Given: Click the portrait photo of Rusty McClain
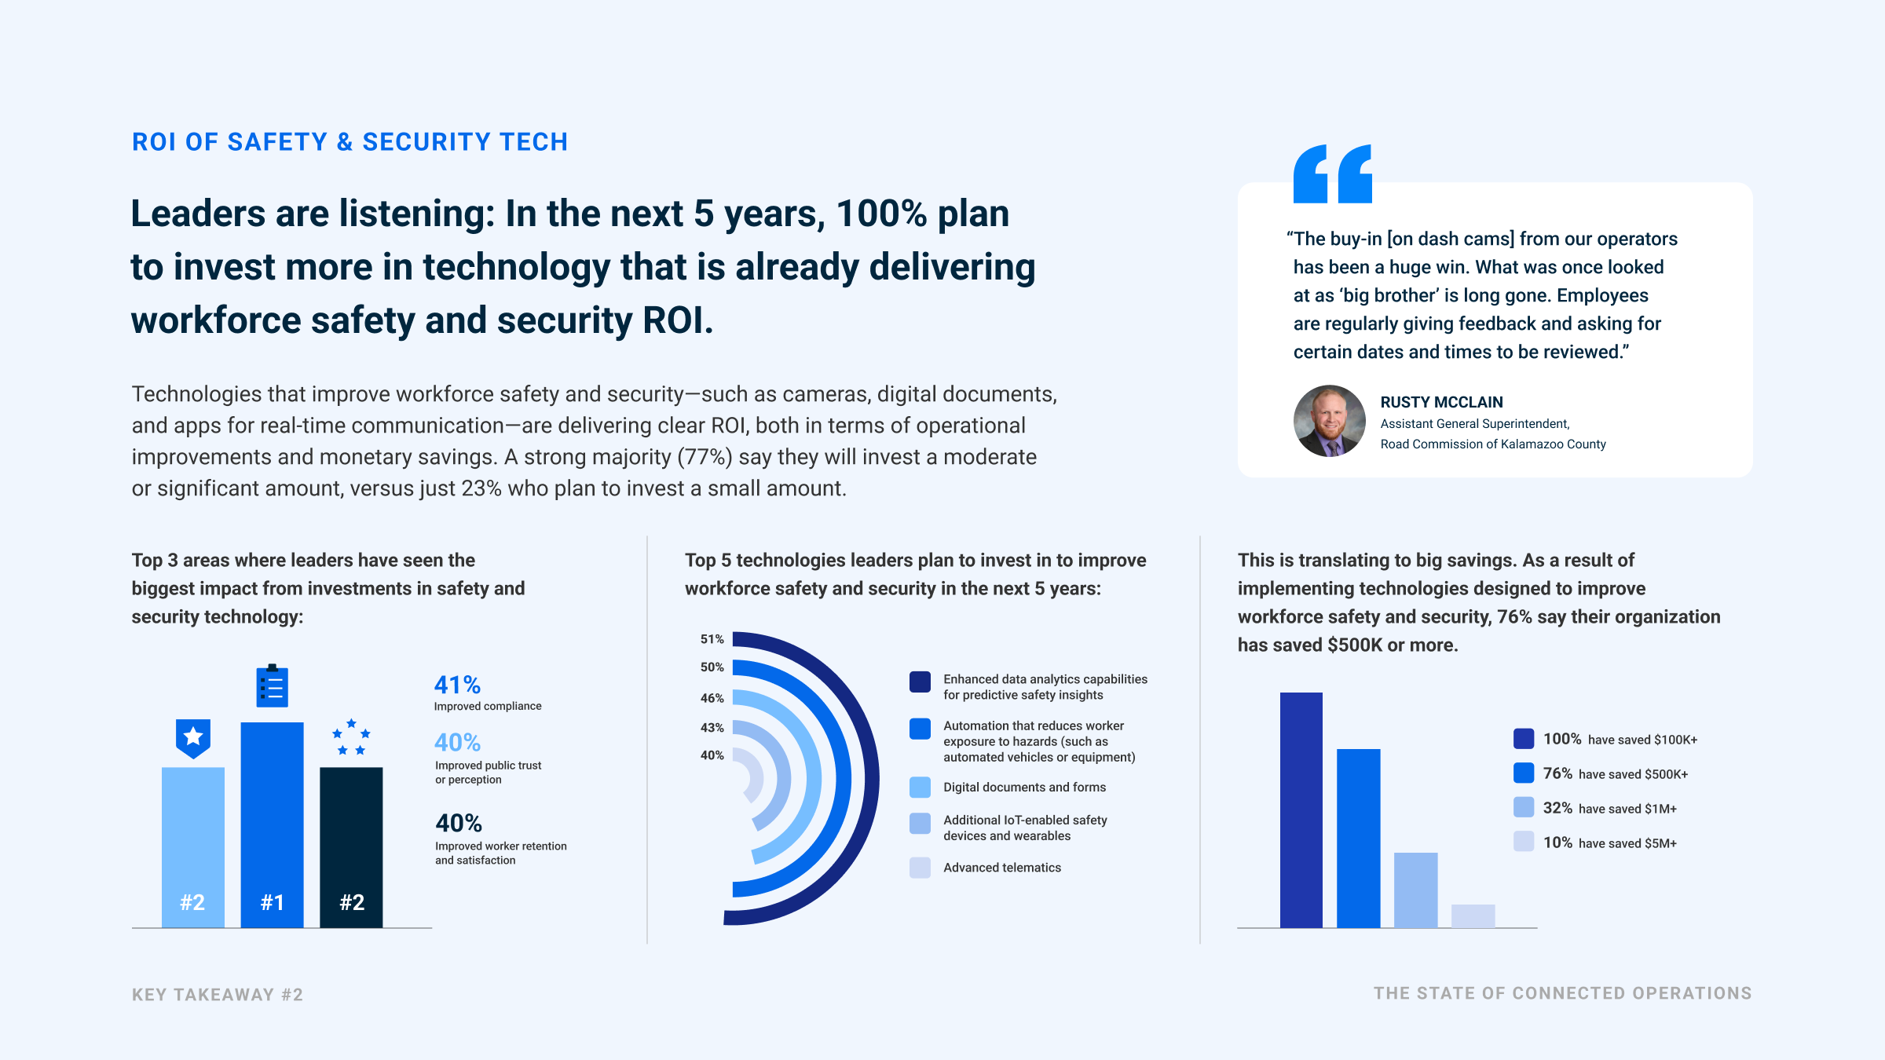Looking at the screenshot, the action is pos(1330,421).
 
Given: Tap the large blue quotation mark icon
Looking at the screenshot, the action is pos(1333,174).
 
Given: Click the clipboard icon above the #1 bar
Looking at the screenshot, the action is pos(273,685).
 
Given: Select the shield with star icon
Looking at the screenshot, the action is pos(193,738).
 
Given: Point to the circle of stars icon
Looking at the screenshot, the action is pos(351,737).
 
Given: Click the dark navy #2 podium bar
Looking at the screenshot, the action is pos(351,847).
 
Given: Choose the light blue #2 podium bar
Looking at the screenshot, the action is pos(193,847).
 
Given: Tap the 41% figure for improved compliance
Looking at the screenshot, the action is pos(457,685).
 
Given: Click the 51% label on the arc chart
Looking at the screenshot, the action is pos(712,639).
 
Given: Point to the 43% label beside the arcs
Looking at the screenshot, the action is pos(712,728).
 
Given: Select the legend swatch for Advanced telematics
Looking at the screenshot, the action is pos(920,868).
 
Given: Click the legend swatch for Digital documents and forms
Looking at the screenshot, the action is pos(920,787).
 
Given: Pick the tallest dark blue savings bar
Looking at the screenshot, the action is pos(1301,810).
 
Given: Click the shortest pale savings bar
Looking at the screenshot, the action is pos(1473,916).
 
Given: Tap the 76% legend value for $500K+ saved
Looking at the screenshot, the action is pos(1557,773).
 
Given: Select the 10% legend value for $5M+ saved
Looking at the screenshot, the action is pos(1557,843).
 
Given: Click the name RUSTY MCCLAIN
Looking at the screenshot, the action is pos(1442,402).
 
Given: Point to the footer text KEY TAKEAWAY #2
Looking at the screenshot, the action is pos(218,995).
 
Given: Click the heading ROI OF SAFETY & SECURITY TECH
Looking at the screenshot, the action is pos(350,142).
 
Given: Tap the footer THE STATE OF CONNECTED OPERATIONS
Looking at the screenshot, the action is pos(1563,993).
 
